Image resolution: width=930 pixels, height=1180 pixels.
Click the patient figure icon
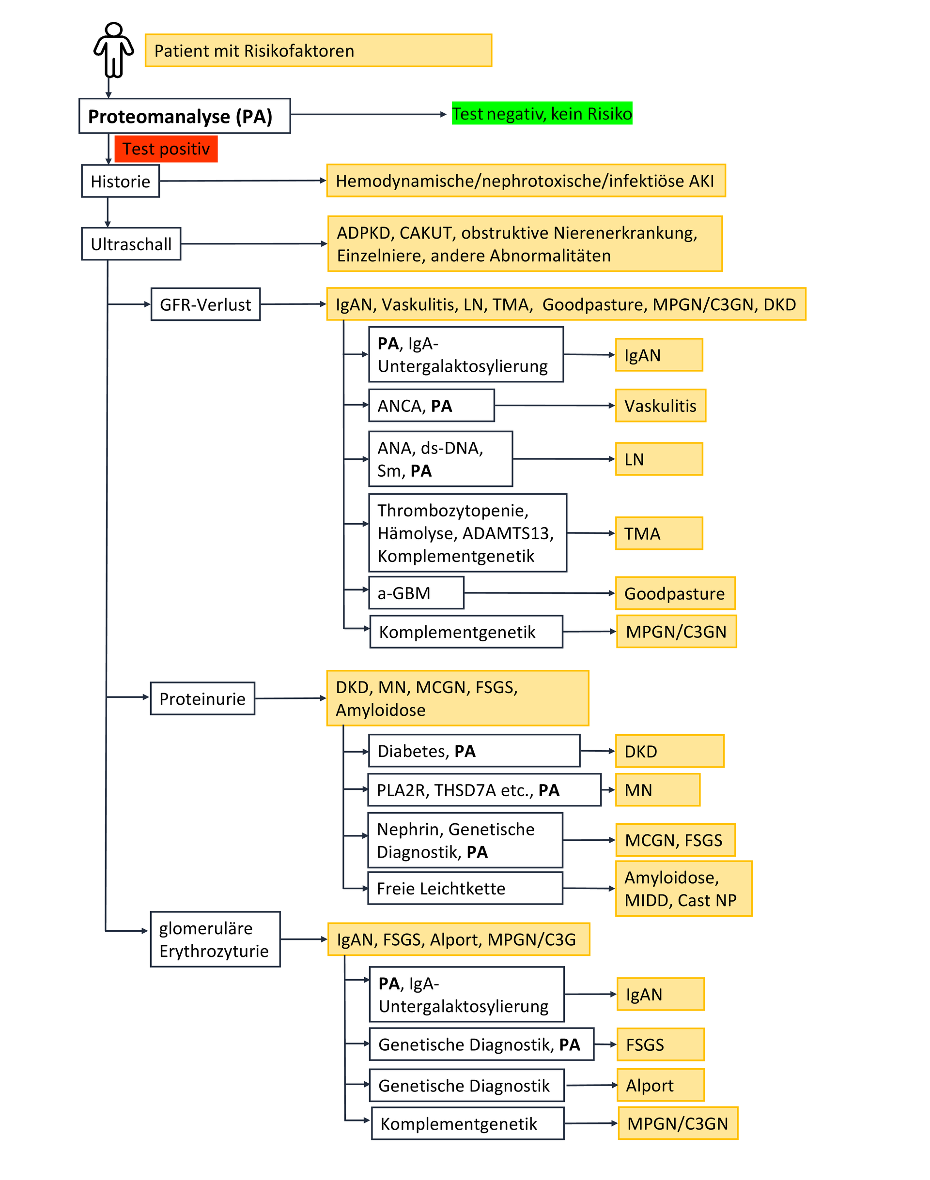point(113,50)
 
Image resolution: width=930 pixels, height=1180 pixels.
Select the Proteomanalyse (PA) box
point(184,116)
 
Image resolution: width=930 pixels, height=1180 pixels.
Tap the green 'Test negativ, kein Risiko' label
point(542,114)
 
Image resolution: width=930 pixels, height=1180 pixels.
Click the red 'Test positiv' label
point(166,149)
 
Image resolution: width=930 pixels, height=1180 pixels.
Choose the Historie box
point(120,181)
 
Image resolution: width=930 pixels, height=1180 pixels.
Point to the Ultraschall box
point(131,244)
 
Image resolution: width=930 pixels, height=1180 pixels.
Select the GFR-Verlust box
point(205,304)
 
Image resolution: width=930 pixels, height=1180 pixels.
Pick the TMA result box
point(659,534)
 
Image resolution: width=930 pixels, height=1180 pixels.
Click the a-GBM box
point(416,593)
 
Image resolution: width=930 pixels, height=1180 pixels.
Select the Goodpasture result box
point(675,593)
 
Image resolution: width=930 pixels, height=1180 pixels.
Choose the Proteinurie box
point(202,698)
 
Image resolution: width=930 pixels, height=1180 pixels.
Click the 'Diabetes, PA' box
point(474,751)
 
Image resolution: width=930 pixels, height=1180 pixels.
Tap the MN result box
point(657,790)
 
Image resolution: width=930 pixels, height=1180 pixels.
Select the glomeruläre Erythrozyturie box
point(215,939)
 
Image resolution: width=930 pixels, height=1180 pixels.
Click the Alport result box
point(661,1085)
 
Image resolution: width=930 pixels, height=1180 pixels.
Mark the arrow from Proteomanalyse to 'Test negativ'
point(368,114)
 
